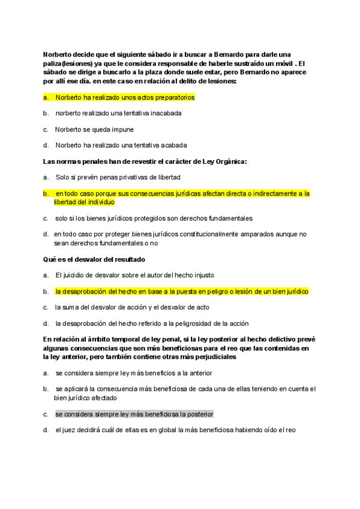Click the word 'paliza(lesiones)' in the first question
68,63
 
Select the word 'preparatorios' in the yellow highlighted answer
174,97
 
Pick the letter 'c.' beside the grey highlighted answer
46,414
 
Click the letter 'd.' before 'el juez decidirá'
46,430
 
